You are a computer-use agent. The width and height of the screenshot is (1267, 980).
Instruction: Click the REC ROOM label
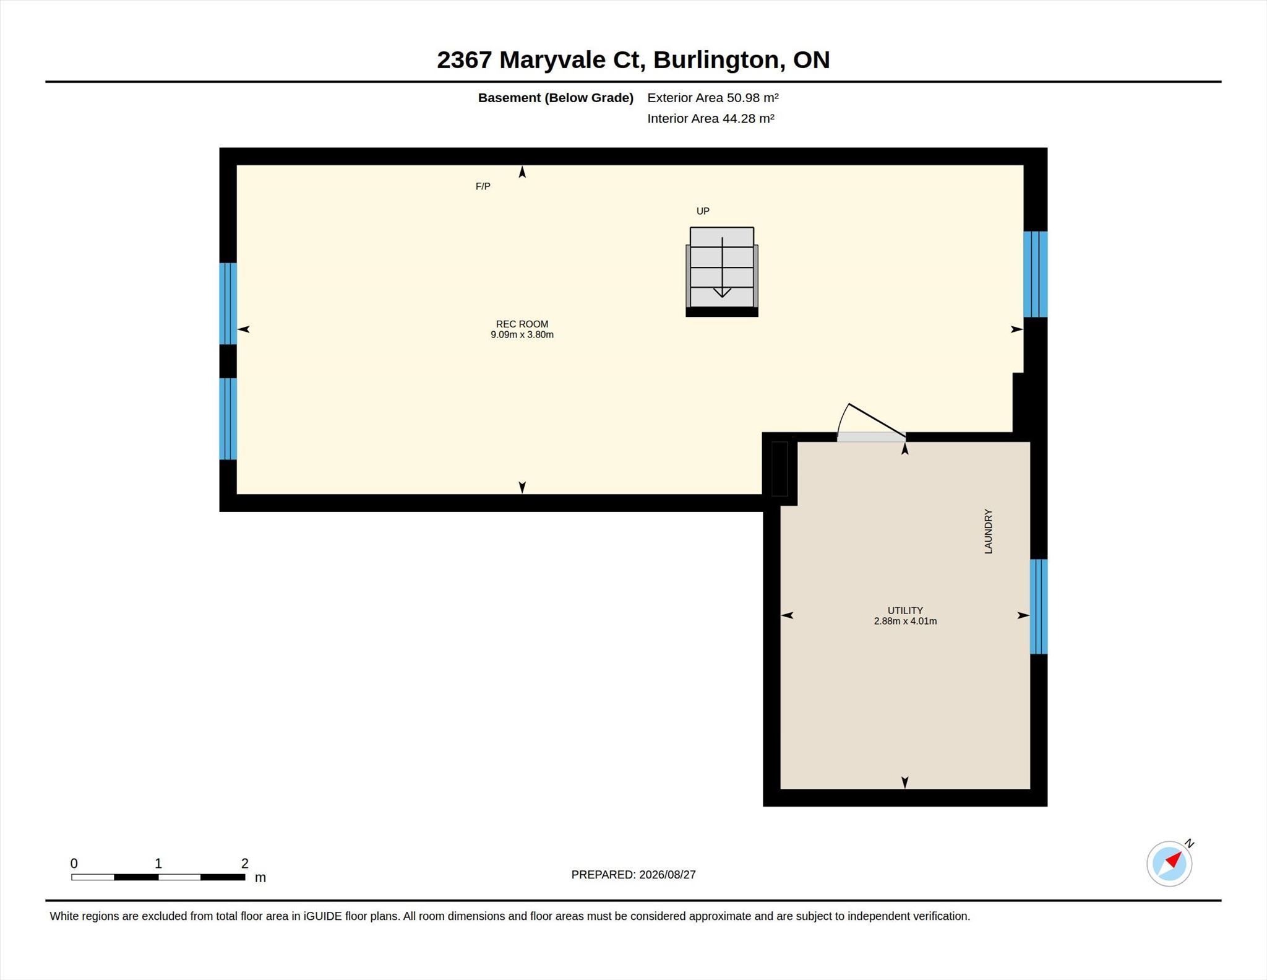click(522, 324)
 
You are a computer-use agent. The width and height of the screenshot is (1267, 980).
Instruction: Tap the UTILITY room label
click(905, 610)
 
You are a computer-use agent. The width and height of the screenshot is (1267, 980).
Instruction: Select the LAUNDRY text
click(988, 531)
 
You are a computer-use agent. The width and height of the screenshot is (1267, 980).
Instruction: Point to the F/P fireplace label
click(483, 186)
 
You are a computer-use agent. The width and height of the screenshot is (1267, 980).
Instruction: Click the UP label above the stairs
click(703, 211)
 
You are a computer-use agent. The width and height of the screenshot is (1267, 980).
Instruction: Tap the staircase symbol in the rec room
click(722, 272)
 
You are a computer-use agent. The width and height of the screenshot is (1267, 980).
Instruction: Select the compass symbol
click(1170, 863)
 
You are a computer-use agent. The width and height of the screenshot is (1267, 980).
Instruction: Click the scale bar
click(158, 877)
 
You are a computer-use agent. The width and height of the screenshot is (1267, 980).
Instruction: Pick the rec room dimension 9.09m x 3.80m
click(522, 335)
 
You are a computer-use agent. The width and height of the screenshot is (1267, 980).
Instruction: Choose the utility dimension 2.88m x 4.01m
click(905, 621)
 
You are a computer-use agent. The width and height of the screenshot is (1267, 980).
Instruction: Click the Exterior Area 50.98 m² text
click(713, 98)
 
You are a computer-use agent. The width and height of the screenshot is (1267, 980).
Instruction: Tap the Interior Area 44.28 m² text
click(711, 118)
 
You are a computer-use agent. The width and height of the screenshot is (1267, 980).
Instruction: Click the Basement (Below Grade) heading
click(556, 98)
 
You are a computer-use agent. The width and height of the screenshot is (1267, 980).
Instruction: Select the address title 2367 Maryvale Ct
click(541, 60)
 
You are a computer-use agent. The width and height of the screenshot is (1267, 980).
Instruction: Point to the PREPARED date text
click(633, 875)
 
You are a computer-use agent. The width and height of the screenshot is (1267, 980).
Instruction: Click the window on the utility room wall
click(1039, 607)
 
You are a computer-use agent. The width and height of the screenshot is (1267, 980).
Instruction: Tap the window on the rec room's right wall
click(1035, 274)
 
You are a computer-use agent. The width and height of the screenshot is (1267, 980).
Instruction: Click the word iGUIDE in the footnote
click(322, 916)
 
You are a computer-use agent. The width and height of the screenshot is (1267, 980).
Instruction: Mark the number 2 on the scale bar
click(245, 864)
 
